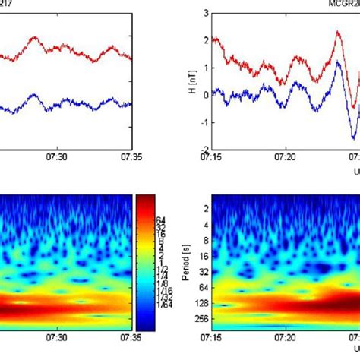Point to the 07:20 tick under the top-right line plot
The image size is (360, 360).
tap(286, 156)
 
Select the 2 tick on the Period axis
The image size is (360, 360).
tap(204, 207)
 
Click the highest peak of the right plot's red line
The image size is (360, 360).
tap(338, 33)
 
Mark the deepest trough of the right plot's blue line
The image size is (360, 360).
tap(354, 137)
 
